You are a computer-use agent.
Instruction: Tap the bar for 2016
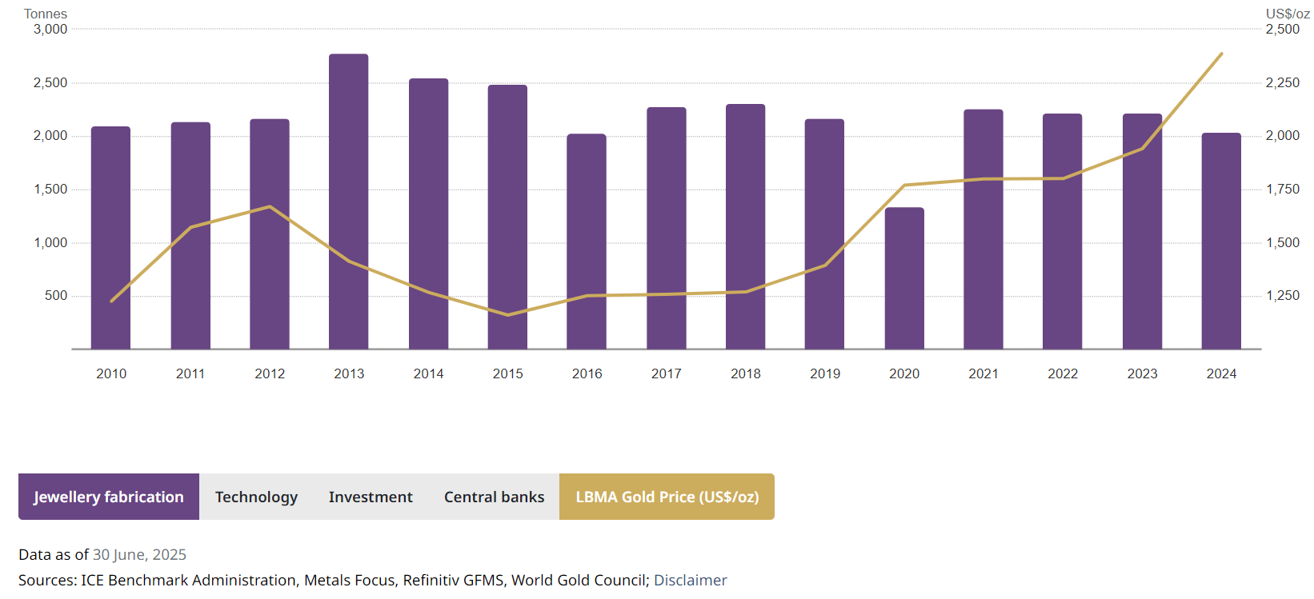point(587,240)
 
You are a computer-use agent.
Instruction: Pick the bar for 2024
point(1221,240)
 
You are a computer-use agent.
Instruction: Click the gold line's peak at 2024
point(1221,54)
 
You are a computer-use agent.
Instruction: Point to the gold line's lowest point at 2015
point(507,314)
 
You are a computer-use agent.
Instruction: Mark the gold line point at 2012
point(270,206)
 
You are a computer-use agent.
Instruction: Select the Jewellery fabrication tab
point(109,497)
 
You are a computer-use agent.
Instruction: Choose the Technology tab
point(256,497)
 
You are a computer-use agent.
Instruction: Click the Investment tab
point(371,497)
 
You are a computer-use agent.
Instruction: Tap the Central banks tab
point(494,497)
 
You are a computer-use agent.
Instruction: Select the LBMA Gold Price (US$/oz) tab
point(667,497)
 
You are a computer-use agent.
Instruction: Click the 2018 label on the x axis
point(745,373)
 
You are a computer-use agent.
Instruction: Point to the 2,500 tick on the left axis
point(50,82)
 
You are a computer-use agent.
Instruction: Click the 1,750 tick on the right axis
point(1283,189)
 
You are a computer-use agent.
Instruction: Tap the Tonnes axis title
point(46,14)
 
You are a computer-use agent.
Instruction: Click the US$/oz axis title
point(1288,14)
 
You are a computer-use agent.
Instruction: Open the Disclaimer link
point(690,580)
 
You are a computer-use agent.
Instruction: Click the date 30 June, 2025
point(139,554)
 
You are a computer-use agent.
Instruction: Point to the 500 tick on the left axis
point(56,295)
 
